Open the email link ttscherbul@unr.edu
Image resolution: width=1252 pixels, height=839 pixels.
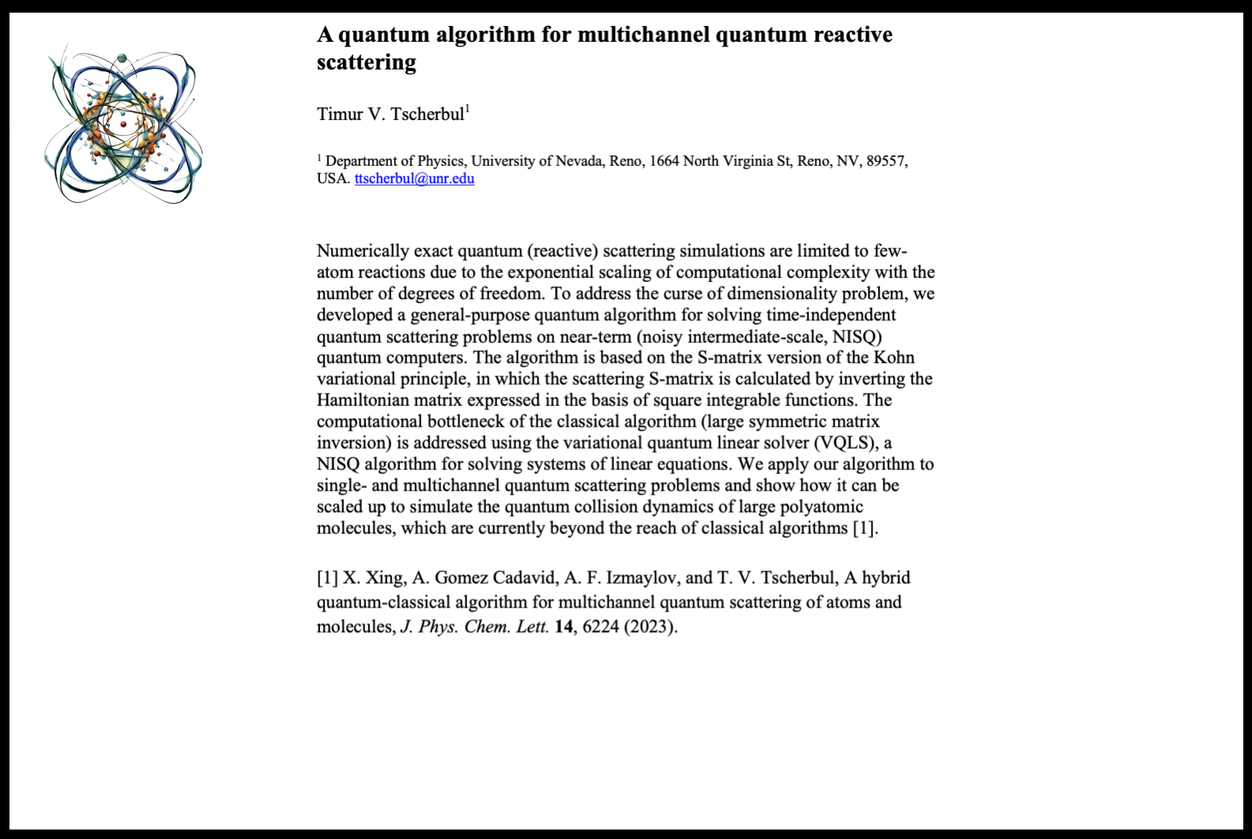click(x=414, y=179)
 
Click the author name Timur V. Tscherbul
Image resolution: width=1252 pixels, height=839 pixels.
click(x=390, y=115)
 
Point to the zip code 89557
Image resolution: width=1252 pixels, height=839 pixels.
click(x=885, y=161)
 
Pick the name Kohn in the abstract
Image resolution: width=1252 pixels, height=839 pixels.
click(x=894, y=358)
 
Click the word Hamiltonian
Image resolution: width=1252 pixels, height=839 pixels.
click(x=361, y=401)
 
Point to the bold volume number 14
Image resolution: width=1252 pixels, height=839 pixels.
click(x=563, y=627)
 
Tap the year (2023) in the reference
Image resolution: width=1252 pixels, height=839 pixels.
click(x=651, y=627)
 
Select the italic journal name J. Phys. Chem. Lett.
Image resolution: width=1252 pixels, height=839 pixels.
click(x=474, y=627)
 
